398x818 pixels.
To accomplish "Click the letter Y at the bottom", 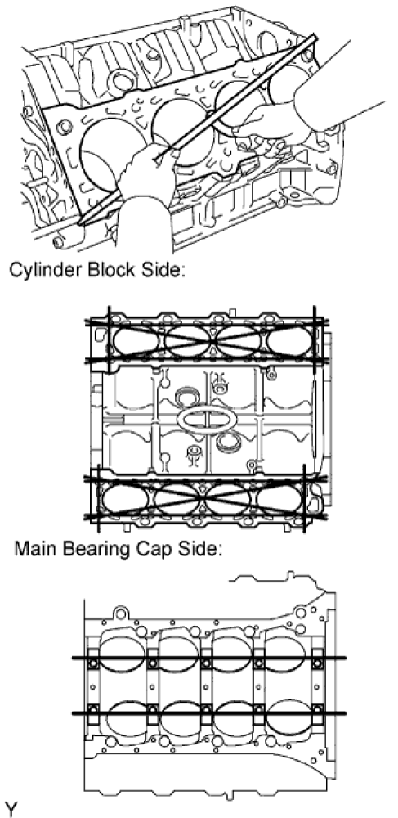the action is click(11, 810).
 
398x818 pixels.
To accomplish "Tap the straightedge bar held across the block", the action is click(198, 129).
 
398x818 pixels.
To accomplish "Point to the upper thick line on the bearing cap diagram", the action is click(208, 658).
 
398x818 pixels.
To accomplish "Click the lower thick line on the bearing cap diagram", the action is click(208, 712).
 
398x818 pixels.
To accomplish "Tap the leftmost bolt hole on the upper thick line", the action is click(94, 663).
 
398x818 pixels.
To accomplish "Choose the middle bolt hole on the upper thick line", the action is click(206, 663).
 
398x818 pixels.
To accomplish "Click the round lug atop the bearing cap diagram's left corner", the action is click(120, 613).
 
